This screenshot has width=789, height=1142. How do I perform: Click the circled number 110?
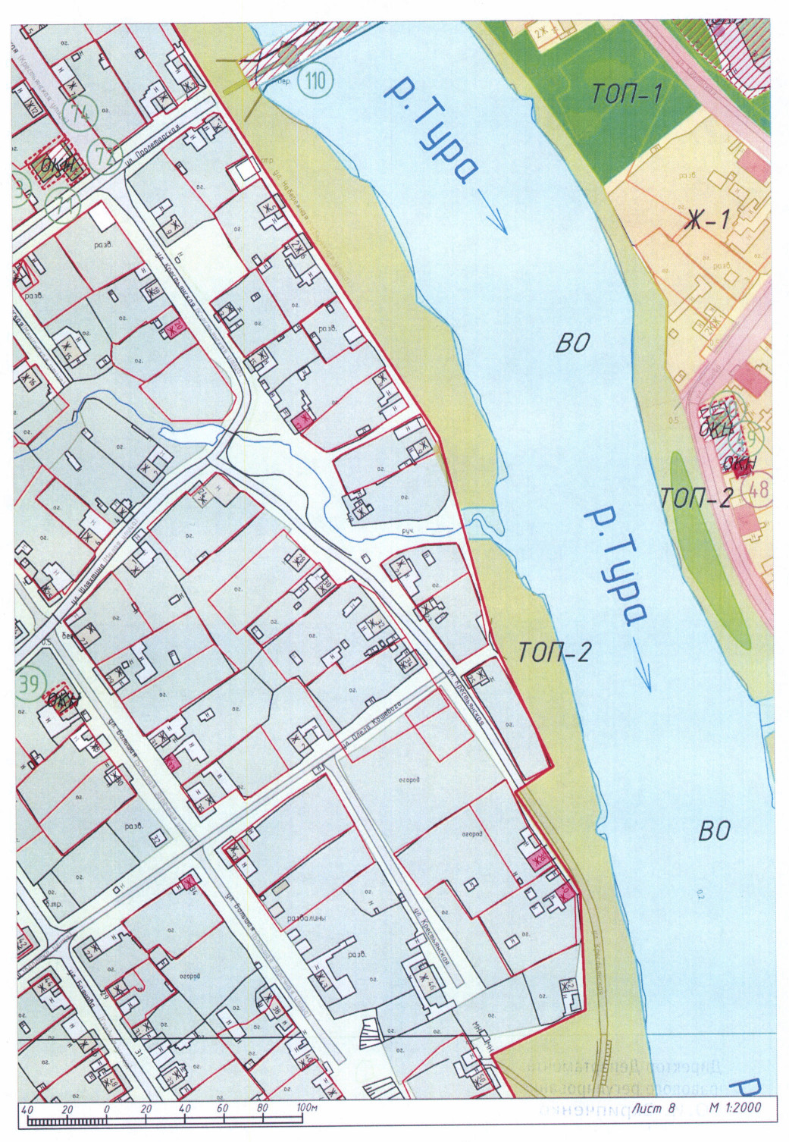[315, 79]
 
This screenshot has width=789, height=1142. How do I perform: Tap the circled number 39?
[29, 684]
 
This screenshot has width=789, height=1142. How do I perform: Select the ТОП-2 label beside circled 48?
[696, 498]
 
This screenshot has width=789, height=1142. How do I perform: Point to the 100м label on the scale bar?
[306, 1109]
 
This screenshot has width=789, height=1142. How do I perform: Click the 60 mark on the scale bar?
[222, 1109]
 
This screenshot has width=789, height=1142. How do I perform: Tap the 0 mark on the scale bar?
[107, 1109]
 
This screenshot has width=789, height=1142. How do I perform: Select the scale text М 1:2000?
[734, 1108]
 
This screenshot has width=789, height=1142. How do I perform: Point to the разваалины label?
[306, 919]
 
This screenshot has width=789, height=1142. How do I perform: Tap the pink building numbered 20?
[176, 328]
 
